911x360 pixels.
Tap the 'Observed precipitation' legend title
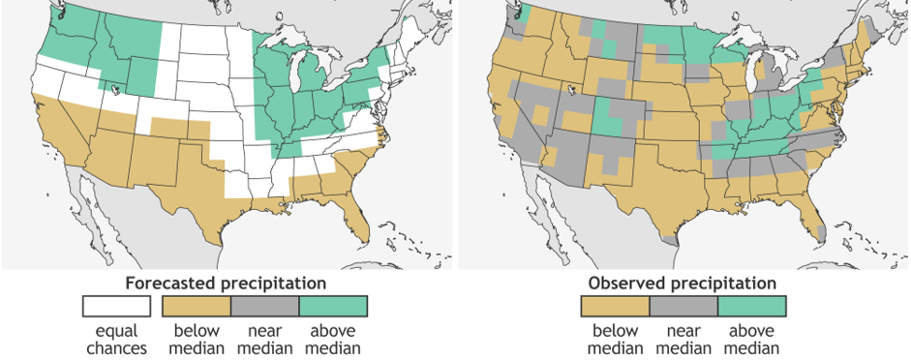point(683,284)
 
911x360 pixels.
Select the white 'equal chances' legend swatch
point(116,307)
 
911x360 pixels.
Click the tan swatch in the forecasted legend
point(196,307)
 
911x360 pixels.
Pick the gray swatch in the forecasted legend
point(264,307)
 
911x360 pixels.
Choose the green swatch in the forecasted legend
point(333,307)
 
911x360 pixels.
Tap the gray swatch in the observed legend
point(683,307)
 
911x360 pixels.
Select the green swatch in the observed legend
point(751,307)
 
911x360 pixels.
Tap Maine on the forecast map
point(412,36)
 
